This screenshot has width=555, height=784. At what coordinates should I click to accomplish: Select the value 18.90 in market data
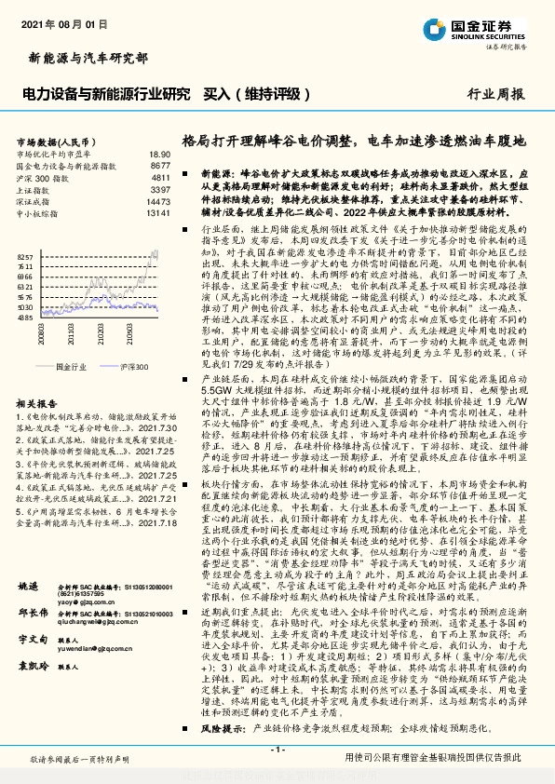[159, 153]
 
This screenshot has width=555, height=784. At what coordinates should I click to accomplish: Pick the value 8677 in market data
[160, 164]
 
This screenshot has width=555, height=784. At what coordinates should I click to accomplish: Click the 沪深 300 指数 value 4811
[160, 176]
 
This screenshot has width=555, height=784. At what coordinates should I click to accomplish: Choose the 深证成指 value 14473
[157, 200]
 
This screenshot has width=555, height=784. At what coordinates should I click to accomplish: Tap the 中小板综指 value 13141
[157, 211]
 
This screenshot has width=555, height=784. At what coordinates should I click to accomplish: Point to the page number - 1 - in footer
[277, 750]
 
